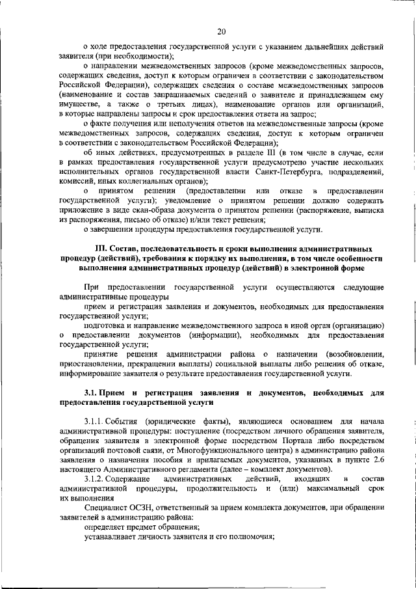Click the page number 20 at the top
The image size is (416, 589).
221,30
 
